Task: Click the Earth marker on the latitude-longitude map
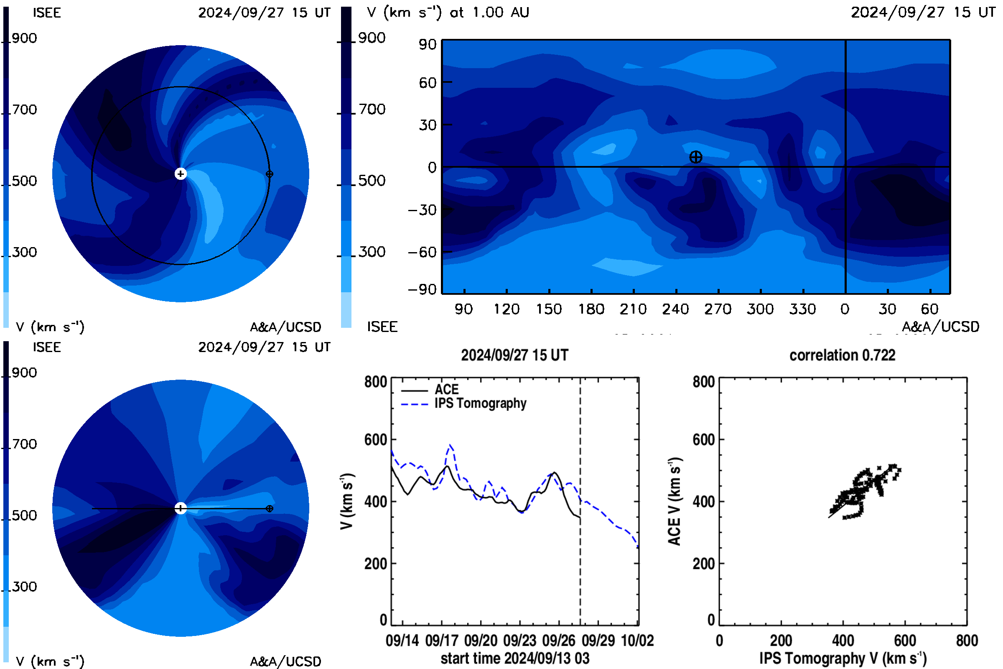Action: tap(695, 157)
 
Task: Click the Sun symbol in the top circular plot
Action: tap(181, 174)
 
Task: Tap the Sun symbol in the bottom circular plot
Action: tap(181, 508)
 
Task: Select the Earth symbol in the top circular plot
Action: tap(270, 174)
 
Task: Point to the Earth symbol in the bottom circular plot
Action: tap(270, 508)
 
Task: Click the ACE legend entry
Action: tap(430, 390)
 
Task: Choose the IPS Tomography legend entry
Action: tap(463, 403)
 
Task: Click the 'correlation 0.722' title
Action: tap(842, 355)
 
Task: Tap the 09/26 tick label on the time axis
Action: tap(559, 641)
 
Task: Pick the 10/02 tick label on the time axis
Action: tap(637, 641)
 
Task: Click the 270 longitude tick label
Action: tap(718, 309)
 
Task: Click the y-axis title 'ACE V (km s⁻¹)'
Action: tap(674, 501)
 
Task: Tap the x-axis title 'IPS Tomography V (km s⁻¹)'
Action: tap(843, 658)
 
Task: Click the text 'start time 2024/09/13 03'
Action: tap(515, 658)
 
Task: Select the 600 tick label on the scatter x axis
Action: tap(905, 641)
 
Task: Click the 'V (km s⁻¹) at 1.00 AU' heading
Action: tap(448, 13)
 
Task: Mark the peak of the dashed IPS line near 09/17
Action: tap(451, 445)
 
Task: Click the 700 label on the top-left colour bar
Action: tap(24, 110)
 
